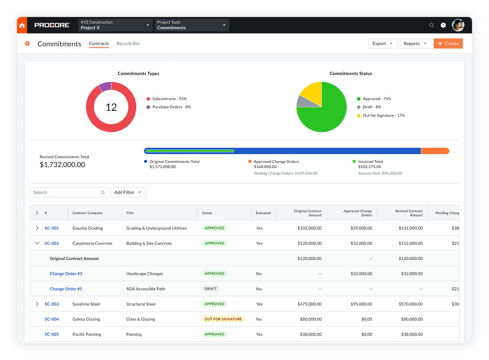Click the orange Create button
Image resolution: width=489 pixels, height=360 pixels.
click(448, 43)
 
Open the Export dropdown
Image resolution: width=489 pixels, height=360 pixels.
click(383, 43)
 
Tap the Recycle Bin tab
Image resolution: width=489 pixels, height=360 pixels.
click(128, 43)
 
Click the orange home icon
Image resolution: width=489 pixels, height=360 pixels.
click(22, 25)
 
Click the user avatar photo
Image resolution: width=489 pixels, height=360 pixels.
click(458, 25)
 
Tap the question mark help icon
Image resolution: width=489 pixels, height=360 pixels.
click(443, 25)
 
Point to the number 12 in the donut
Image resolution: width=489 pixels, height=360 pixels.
click(111, 107)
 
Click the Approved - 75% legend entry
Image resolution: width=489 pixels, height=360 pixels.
click(377, 99)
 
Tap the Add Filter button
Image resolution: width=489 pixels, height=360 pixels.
click(128, 192)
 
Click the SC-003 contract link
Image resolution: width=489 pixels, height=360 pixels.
click(52, 304)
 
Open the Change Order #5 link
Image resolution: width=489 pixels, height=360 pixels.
click(66, 289)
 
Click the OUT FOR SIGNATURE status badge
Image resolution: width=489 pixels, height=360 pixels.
click(223, 319)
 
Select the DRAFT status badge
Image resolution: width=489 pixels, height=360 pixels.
click(211, 289)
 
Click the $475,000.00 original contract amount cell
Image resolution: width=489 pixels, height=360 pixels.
click(309, 304)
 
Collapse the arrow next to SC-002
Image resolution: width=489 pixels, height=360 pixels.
click(37, 243)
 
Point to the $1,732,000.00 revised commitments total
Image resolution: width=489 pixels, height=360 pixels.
click(62, 165)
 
